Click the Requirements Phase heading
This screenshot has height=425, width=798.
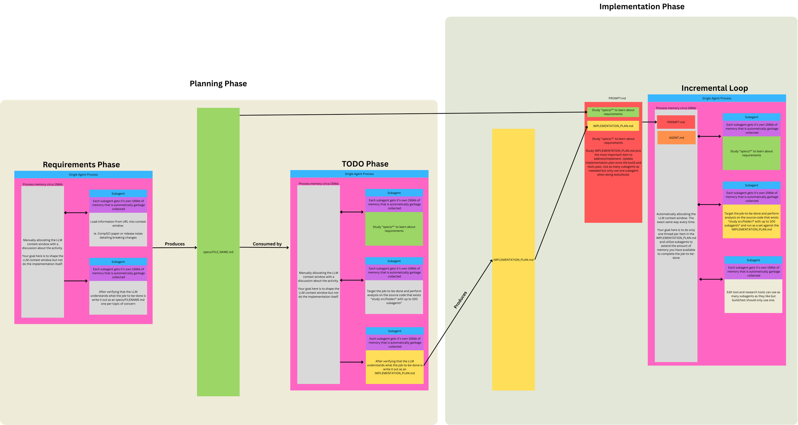[x=81, y=165]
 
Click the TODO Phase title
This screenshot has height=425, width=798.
[x=365, y=164]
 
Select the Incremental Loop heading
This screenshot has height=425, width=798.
[x=715, y=88]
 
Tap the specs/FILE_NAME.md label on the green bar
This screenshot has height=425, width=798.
[x=218, y=252]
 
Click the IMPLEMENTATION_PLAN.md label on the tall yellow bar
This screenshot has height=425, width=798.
[x=513, y=260]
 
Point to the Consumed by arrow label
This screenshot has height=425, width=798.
[x=267, y=244]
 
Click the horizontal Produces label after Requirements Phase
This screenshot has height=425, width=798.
[x=175, y=244]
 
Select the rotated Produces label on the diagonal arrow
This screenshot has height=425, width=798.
[x=461, y=300]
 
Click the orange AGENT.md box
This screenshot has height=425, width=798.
[x=676, y=138]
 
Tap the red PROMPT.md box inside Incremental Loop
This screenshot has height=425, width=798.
[x=676, y=122]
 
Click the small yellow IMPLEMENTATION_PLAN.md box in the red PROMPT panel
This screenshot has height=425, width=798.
[x=613, y=126]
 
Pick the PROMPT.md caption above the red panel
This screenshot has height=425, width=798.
[x=617, y=98]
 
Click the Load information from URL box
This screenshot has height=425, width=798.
[x=118, y=229]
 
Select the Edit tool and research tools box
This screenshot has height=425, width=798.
[x=753, y=296]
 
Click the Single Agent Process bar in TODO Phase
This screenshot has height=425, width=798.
[x=359, y=174]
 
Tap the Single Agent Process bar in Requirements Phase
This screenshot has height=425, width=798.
[x=83, y=175]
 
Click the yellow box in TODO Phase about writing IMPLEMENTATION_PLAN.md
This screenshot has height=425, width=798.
[x=394, y=367]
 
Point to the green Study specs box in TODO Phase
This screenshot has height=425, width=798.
[x=394, y=229]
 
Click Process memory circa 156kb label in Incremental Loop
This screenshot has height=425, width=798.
[x=676, y=108]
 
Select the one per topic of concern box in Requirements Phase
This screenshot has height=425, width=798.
[x=118, y=298]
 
